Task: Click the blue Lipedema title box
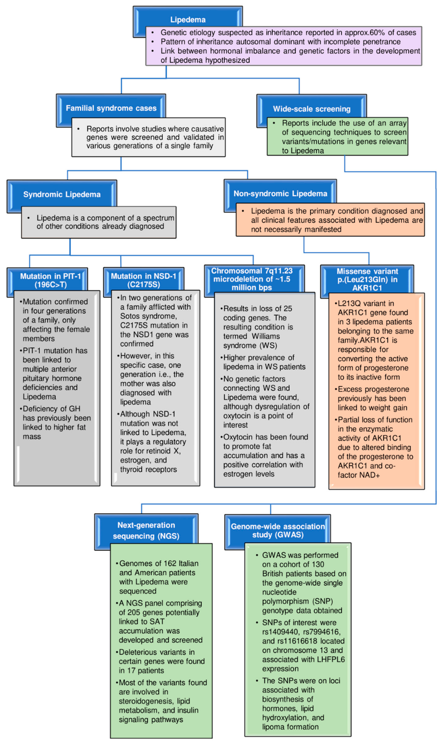(188, 20)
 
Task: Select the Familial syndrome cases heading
(111, 108)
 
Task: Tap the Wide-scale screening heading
(312, 109)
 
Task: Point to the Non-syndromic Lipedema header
(280, 194)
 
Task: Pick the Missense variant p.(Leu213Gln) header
(367, 279)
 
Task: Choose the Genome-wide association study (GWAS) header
(278, 531)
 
